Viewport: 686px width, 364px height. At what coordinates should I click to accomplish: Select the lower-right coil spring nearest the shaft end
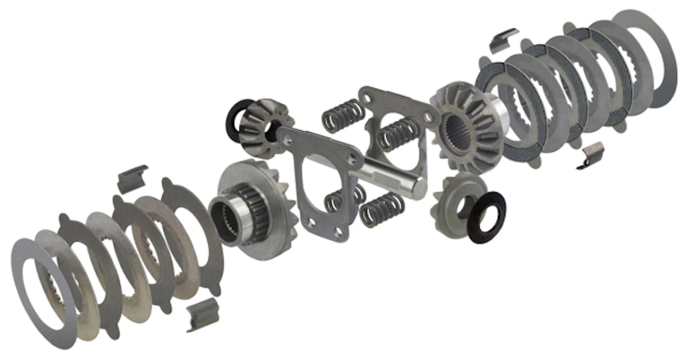(382, 209)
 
